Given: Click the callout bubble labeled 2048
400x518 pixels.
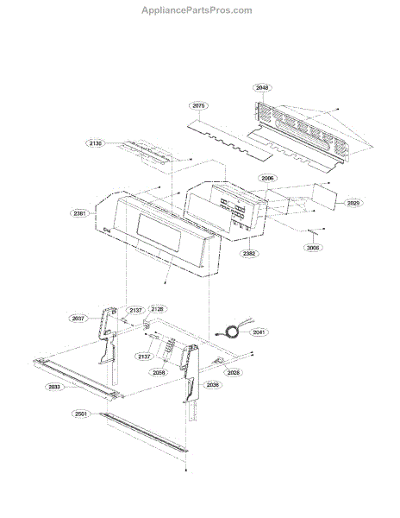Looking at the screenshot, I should pos(263,88).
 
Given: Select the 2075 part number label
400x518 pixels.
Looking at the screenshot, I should pos(200,105).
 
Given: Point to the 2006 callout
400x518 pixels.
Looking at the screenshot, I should pos(267,178).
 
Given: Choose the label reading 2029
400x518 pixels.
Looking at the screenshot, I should pos(353,203).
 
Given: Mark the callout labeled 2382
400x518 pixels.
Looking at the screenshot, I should pos(248,254).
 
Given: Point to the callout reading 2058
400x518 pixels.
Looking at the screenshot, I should pos(159,373).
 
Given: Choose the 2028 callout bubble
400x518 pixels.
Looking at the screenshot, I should pos(234,372).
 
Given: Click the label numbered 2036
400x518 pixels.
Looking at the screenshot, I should pos(213,385).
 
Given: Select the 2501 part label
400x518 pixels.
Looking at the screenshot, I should pos(80,414).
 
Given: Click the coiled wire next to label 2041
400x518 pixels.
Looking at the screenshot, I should pos(230,329).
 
